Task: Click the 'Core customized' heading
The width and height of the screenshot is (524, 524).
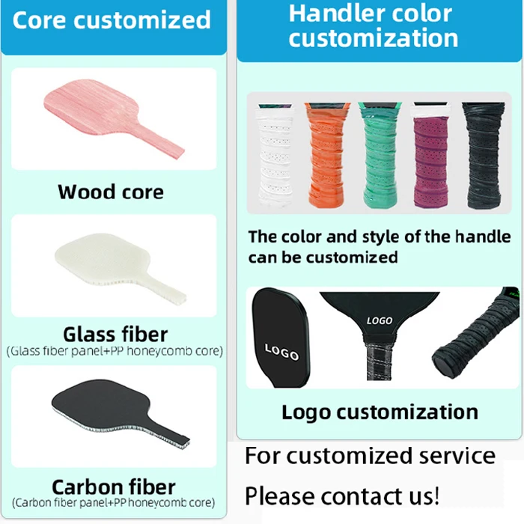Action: (x=112, y=20)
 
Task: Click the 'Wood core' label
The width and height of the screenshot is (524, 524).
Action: (x=111, y=192)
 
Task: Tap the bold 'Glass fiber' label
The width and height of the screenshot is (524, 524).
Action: (x=115, y=334)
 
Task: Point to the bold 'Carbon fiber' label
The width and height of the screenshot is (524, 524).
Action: (x=114, y=487)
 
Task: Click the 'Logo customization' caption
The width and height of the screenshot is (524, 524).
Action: (x=380, y=412)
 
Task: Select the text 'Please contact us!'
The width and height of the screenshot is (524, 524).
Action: (x=342, y=496)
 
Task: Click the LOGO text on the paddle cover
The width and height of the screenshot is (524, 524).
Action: (x=281, y=353)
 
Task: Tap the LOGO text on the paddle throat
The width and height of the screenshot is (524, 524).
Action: (x=380, y=320)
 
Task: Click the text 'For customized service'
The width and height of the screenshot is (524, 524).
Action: (x=370, y=456)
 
